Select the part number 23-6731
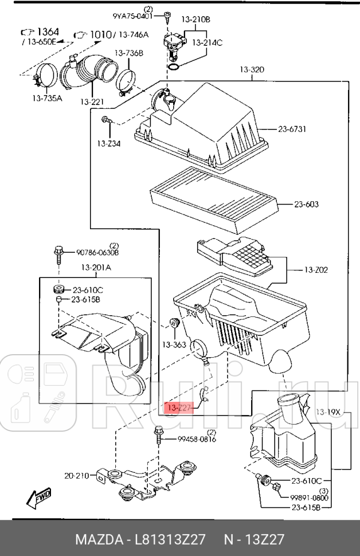[x=292, y=130]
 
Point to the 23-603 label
[x=306, y=204]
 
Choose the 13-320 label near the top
[x=252, y=70]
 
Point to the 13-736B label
[x=128, y=53]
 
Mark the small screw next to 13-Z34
[x=106, y=120]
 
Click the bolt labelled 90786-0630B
[x=58, y=253]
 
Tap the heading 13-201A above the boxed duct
[x=96, y=267]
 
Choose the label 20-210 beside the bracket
[x=77, y=475]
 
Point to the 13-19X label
[x=327, y=411]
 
